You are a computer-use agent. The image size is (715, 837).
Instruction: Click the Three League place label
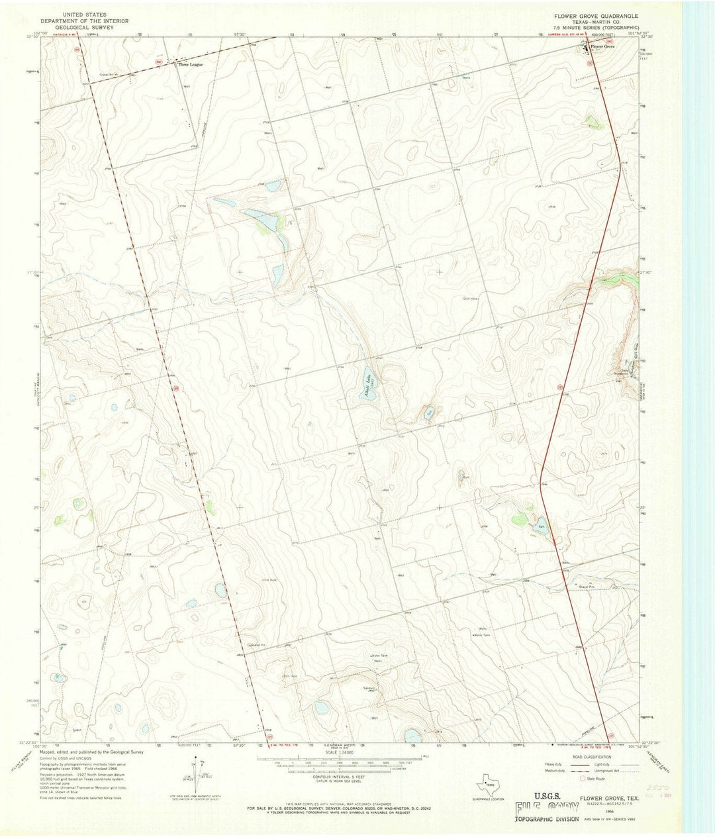pyautogui.click(x=189, y=65)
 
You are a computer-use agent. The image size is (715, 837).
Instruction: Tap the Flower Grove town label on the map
pyautogui.click(x=604, y=47)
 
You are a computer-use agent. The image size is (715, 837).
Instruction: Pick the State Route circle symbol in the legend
pyautogui.click(x=575, y=779)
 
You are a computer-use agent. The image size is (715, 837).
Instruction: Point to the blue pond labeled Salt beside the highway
pyautogui.click(x=541, y=527)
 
